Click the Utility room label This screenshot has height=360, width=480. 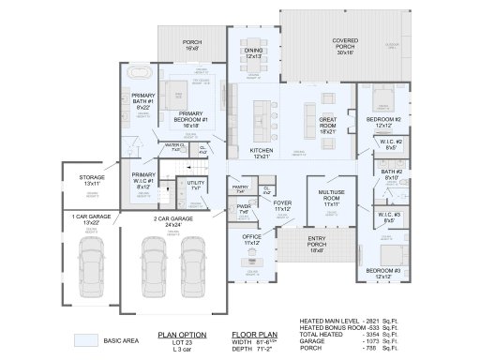pyautogui.click(x=195, y=186)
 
